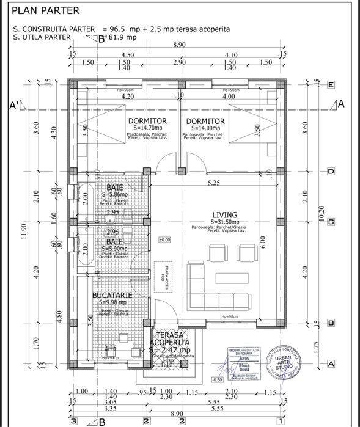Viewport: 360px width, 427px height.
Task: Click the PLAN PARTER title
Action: [x=45, y=10]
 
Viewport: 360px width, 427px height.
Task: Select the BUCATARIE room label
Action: [x=111, y=295]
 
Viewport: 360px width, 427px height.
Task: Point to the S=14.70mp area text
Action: [x=145, y=129]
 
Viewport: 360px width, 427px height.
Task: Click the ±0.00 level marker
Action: [x=164, y=240]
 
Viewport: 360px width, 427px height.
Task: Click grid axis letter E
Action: [x=330, y=85]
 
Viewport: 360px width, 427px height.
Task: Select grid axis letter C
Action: [x=330, y=222]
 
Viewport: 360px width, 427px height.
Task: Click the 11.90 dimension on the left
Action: [x=23, y=232]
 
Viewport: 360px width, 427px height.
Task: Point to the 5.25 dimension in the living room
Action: [x=213, y=183]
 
